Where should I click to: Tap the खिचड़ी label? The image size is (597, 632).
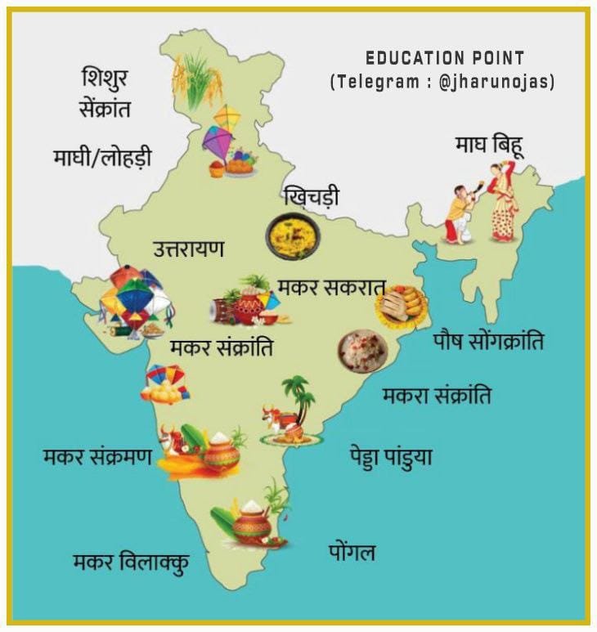(310, 197)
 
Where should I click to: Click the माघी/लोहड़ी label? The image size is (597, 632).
(101, 156)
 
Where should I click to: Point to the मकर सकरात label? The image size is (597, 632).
(330, 288)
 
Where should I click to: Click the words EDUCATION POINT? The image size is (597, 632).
(445, 58)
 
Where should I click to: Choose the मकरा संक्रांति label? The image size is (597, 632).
(437, 396)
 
